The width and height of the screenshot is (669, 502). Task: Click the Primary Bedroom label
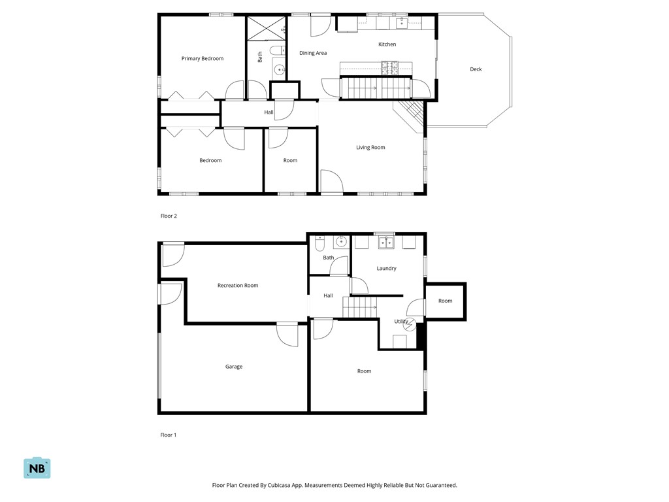click(202, 59)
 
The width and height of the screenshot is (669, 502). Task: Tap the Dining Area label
click(313, 53)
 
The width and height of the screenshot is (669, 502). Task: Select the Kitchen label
click(387, 44)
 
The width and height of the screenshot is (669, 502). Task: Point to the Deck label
click(476, 69)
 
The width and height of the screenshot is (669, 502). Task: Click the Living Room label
click(370, 148)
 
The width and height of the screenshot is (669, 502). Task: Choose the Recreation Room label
click(238, 286)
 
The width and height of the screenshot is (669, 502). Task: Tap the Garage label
click(234, 367)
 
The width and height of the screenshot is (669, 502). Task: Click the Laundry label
click(386, 269)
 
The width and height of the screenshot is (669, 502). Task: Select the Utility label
click(400, 322)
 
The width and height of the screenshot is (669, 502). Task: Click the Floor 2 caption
click(169, 216)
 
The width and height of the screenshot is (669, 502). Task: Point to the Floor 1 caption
click(169, 435)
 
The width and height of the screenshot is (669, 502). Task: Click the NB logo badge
click(37, 468)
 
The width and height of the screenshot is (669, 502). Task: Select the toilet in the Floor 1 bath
click(320, 243)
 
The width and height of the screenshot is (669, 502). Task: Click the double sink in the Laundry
click(386, 243)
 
